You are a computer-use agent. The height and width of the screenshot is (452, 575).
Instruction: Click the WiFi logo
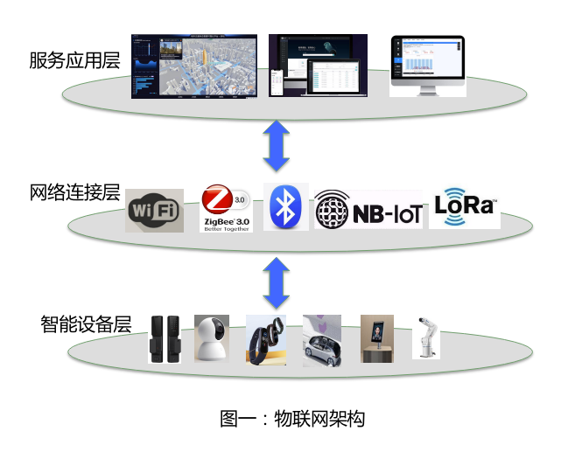pos(154,210)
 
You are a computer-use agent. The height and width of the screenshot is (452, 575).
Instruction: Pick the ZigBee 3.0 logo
pos(226,207)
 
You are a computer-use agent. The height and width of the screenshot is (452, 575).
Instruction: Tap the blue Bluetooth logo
pos(285,207)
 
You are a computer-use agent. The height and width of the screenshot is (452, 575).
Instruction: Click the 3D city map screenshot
pos(194,66)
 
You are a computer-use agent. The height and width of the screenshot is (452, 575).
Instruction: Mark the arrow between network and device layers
pos(277,281)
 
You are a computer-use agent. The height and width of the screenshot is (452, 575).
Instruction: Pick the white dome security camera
pos(211,337)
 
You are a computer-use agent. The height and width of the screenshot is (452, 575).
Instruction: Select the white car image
pos(322,340)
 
